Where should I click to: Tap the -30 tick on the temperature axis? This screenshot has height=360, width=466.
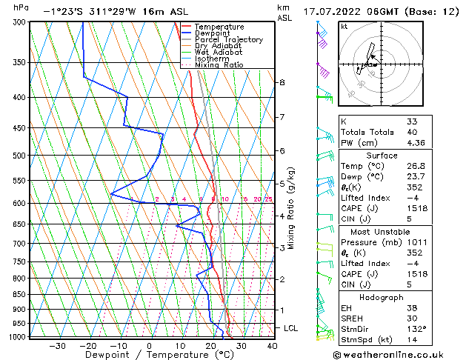point(58,345)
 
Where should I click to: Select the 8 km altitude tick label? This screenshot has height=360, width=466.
point(282,82)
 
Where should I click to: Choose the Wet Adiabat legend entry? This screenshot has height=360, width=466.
point(218,52)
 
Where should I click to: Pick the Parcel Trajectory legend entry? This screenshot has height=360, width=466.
point(228,40)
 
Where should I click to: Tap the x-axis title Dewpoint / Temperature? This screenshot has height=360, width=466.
point(149,355)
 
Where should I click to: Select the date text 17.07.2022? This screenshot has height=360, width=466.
point(331,12)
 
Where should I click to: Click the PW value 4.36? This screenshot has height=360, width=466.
point(416,143)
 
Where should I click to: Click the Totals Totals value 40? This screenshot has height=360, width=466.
point(412,132)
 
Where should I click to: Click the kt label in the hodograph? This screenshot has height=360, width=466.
point(344,26)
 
